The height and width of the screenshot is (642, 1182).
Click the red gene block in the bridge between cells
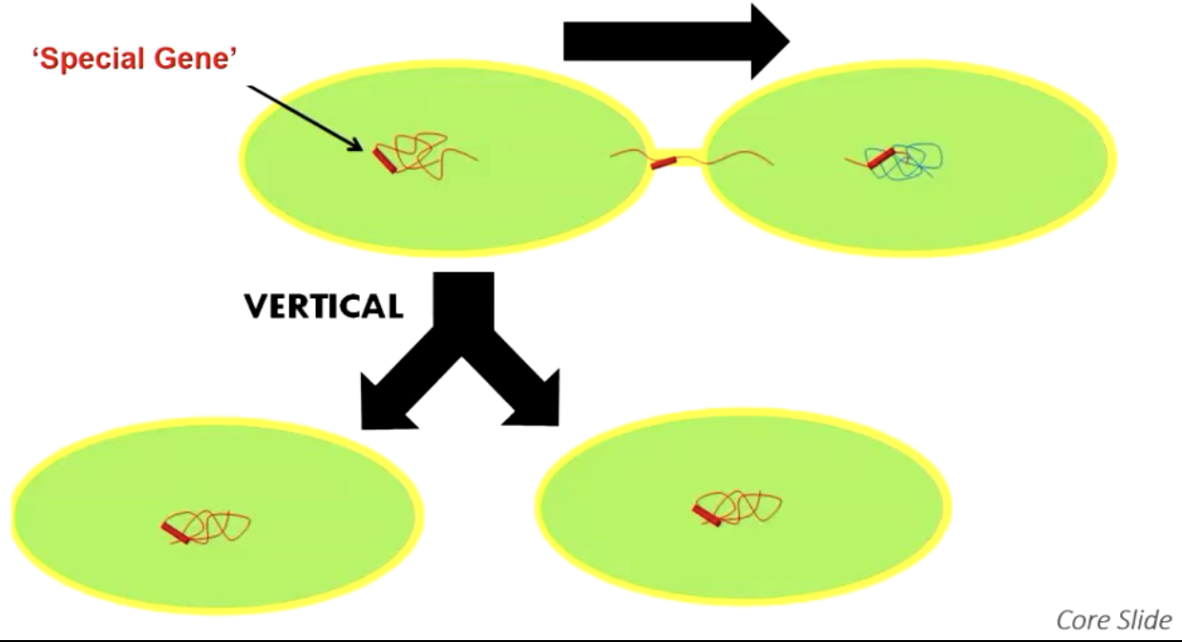(x=664, y=163)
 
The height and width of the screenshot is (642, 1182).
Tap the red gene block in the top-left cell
(x=384, y=160)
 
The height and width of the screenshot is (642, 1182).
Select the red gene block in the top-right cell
(x=879, y=159)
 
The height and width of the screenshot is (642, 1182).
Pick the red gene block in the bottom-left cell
(x=176, y=532)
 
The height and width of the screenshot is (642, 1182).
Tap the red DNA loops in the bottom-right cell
(x=749, y=503)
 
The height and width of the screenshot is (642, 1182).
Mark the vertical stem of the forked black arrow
(x=465, y=306)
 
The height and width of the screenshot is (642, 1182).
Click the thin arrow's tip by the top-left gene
(x=361, y=148)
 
